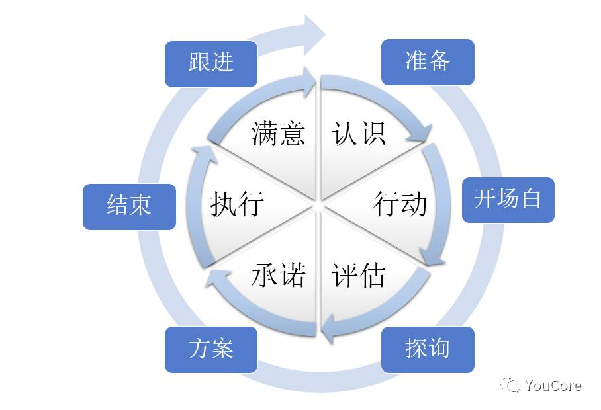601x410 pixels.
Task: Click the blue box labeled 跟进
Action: [210, 63]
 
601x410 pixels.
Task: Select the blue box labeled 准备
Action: [428, 61]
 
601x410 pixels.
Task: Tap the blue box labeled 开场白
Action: [508, 200]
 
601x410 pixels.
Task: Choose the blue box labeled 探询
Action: [428, 350]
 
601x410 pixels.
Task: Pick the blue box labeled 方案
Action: [210, 350]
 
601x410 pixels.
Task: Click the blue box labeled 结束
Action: [129, 207]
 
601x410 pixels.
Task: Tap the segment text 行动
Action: [400, 204]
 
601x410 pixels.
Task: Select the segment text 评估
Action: [358, 274]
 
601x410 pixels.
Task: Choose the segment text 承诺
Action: [278, 274]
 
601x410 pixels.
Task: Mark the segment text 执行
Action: [237, 204]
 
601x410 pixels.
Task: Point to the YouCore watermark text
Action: [553, 385]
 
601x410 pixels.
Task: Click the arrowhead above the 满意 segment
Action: [309, 82]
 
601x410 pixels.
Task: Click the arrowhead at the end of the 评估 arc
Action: [328, 329]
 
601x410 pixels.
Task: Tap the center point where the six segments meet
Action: [317, 205]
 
